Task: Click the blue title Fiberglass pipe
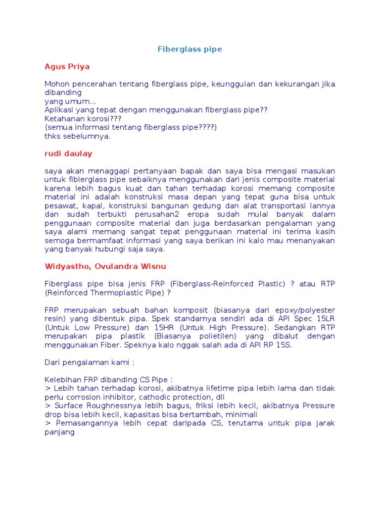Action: (190, 49)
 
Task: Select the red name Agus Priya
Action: (67, 66)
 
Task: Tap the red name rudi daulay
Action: (68, 153)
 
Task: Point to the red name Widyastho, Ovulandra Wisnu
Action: (105, 266)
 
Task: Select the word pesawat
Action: (59, 205)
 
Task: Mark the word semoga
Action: (59, 240)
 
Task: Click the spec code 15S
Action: (285, 345)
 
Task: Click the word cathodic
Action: (159, 397)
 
